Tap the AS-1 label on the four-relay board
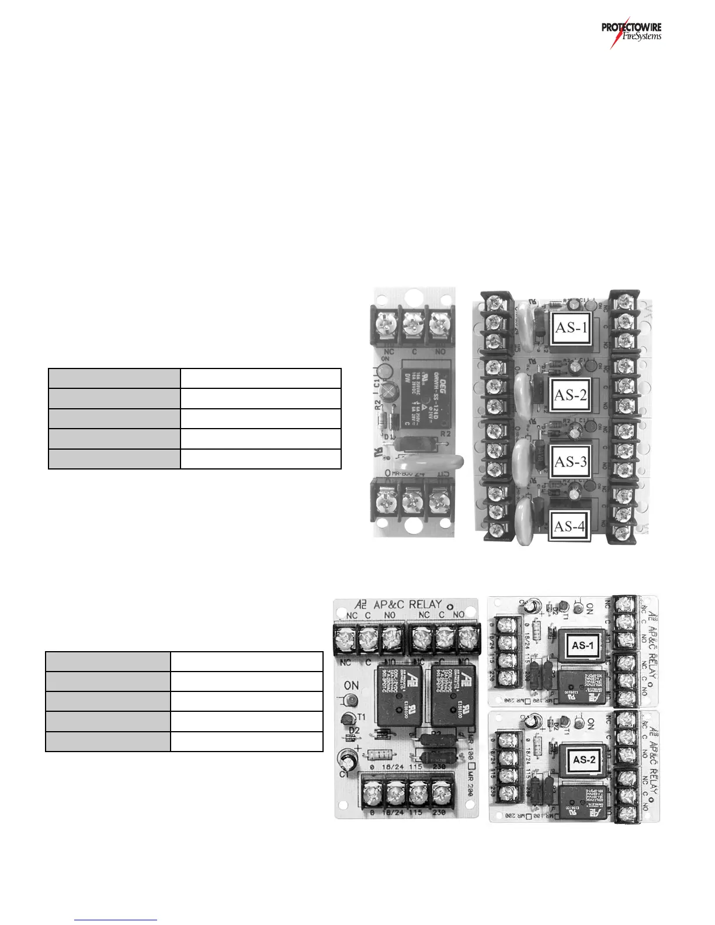(x=571, y=327)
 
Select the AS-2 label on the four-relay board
(x=571, y=395)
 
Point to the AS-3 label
(x=571, y=462)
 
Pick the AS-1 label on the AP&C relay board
(x=583, y=645)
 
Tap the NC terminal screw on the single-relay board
(x=388, y=323)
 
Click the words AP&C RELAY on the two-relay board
(x=407, y=604)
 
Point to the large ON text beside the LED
(x=351, y=685)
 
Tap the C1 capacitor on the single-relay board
(x=383, y=371)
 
